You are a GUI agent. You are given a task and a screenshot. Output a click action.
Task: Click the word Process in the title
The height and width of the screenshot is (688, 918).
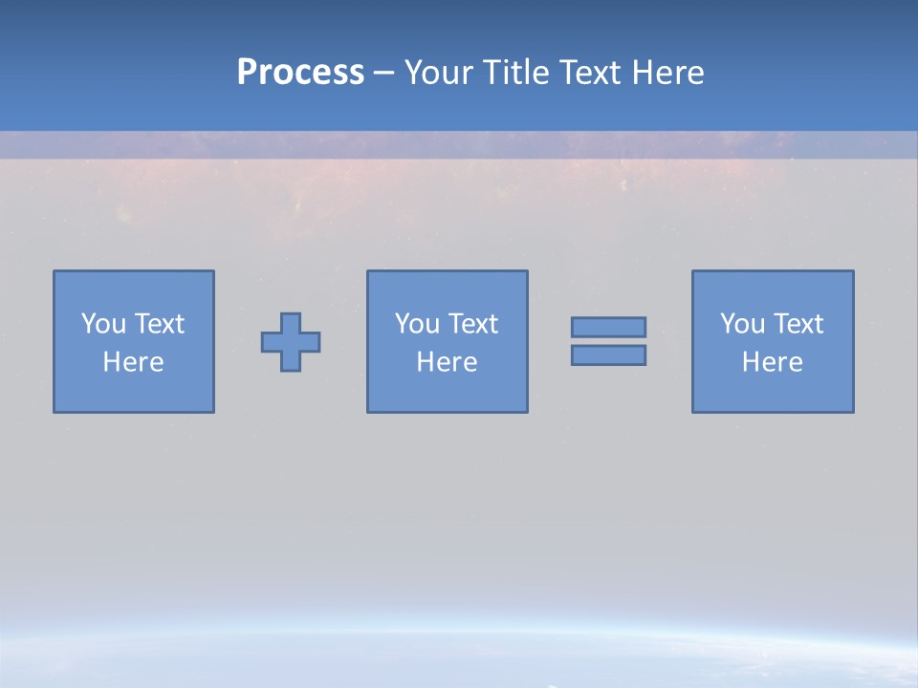[x=300, y=73]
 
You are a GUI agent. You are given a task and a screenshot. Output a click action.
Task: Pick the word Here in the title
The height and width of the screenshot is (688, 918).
[x=668, y=73]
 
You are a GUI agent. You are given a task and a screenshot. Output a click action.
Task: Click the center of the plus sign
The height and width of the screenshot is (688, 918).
[x=291, y=342]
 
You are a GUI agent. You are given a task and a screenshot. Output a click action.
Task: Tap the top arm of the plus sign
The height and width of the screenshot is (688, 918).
[x=291, y=322]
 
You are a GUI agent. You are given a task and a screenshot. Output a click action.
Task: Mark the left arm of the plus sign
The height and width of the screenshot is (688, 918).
[x=271, y=342]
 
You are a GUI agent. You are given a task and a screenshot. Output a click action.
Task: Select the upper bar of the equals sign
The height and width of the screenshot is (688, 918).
[x=608, y=327]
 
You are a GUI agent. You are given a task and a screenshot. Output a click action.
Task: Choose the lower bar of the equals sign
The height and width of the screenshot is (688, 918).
[x=608, y=355]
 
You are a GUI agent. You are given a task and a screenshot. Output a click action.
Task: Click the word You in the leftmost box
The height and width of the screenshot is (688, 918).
[x=102, y=324]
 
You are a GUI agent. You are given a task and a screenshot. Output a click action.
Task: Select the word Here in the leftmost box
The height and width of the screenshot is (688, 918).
[x=133, y=362]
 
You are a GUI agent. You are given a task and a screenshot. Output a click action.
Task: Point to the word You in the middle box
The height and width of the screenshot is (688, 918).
[x=416, y=324]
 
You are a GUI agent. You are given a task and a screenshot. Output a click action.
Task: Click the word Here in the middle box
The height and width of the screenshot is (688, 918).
[x=447, y=362]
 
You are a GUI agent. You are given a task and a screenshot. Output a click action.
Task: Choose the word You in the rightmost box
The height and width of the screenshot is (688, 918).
[x=741, y=324]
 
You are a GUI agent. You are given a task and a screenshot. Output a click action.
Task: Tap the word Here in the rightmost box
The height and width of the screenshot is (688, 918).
[x=772, y=362]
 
